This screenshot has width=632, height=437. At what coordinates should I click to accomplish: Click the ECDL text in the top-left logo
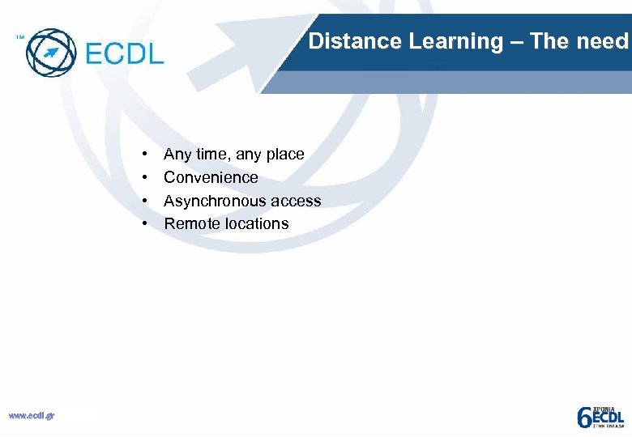click(124, 53)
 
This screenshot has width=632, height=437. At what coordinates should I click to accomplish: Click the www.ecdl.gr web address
click(32, 415)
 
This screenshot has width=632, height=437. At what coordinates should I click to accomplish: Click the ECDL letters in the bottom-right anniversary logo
click(608, 417)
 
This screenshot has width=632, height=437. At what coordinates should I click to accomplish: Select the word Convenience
click(211, 177)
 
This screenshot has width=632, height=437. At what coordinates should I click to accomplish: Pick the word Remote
click(192, 224)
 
